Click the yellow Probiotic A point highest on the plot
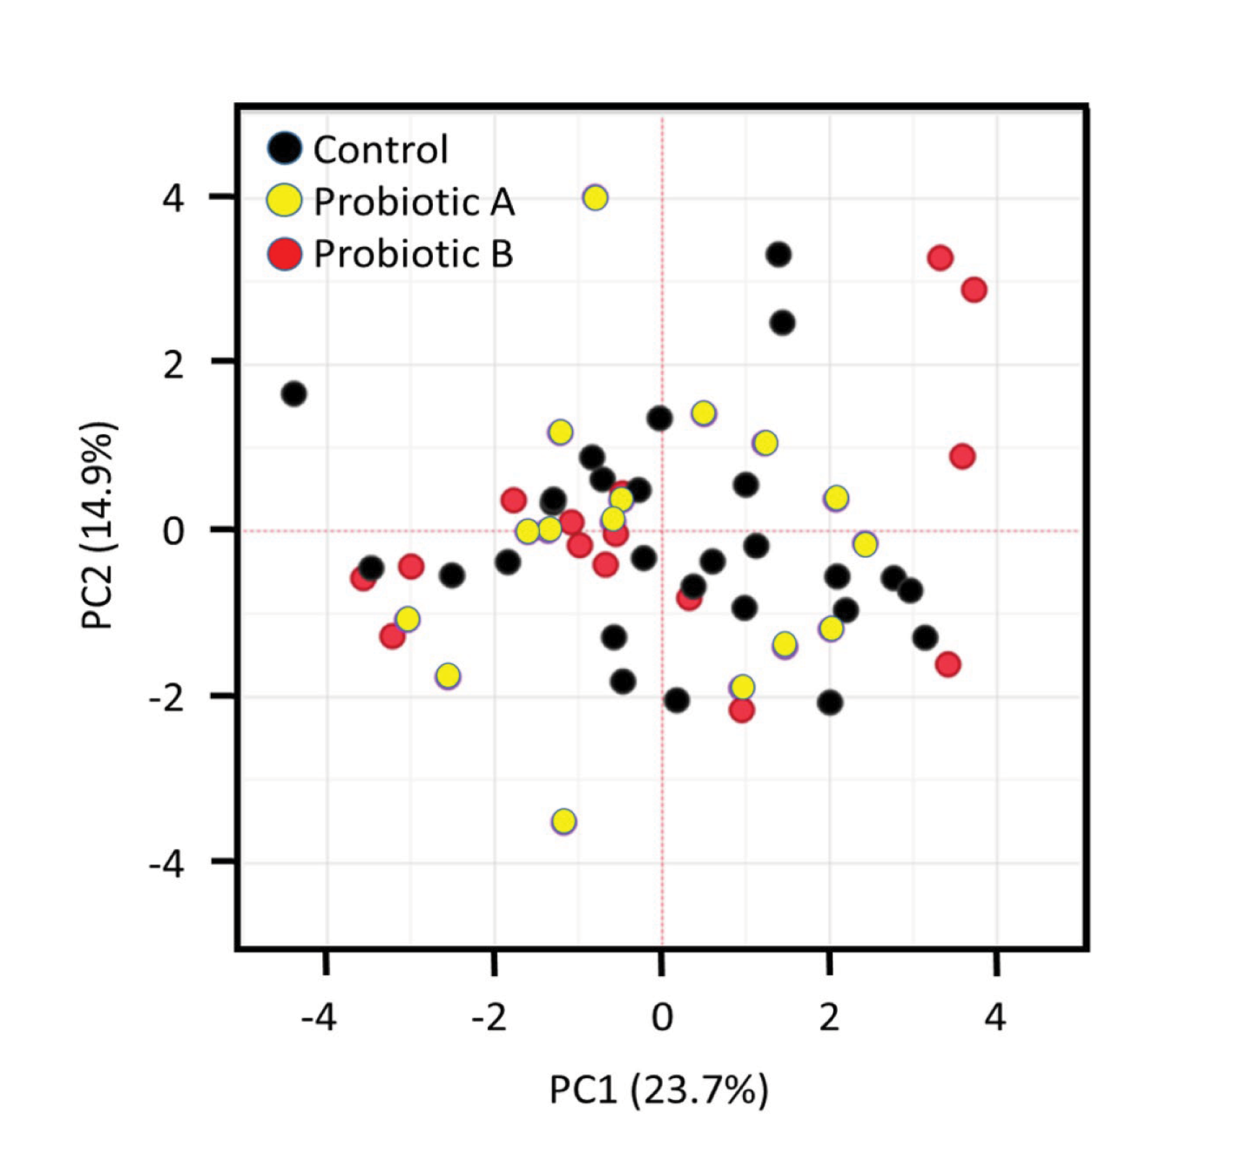(595, 197)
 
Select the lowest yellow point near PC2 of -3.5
(564, 821)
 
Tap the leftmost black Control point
(294, 394)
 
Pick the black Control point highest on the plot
(779, 255)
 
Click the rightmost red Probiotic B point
(974, 290)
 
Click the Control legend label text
(381, 150)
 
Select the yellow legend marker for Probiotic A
(285, 201)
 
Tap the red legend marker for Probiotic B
(285, 254)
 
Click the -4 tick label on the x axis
(318, 1017)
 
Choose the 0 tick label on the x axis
(662, 1017)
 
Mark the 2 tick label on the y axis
(173, 365)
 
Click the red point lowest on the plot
(742, 710)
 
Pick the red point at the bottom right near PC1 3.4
(948, 665)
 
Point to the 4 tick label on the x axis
(995, 1017)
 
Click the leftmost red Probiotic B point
(363, 578)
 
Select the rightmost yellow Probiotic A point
(865, 544)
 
